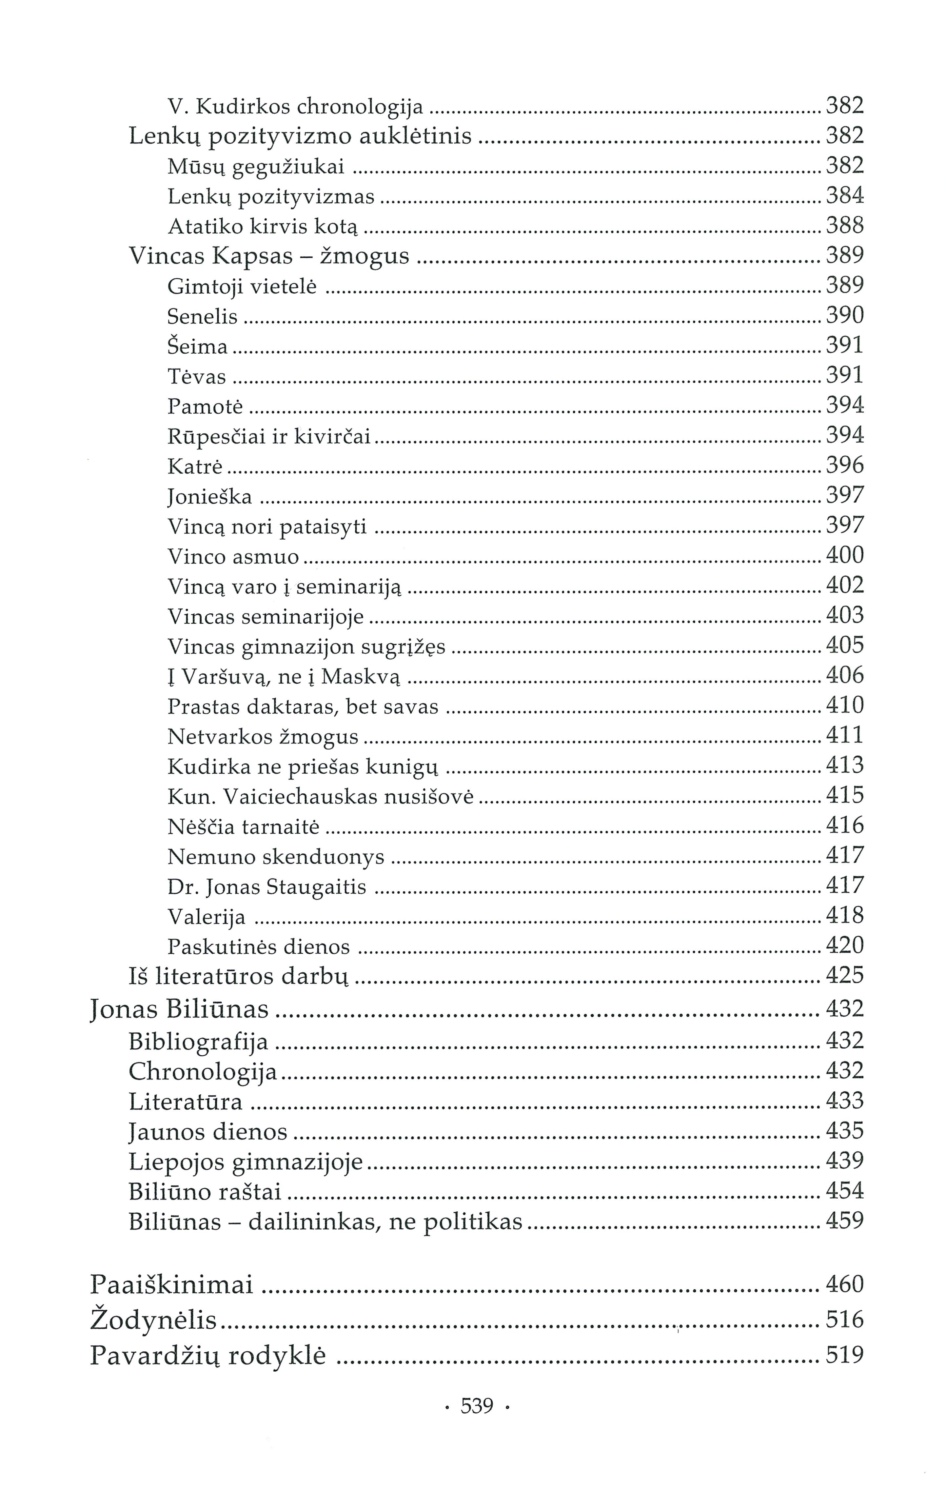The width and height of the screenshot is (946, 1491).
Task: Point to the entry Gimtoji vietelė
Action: [x=242, y=287]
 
